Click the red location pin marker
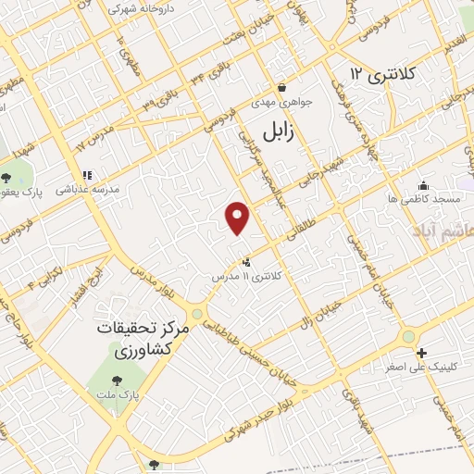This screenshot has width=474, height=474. point(238,218)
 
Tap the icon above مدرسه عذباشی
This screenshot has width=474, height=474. point(88,174)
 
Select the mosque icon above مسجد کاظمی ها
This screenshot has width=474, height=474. point(424,185)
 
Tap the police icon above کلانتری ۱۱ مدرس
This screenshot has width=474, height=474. point(245,263)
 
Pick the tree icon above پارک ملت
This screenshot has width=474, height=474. point(117,380)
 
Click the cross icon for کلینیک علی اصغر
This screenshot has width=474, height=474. point(421,353)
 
